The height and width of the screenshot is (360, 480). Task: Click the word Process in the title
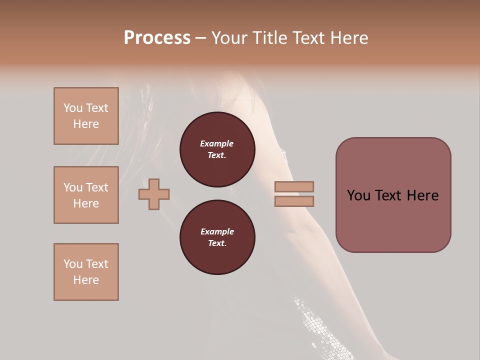point(157,38)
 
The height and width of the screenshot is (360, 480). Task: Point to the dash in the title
point(201,38)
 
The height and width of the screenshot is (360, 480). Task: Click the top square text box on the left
point(86,116)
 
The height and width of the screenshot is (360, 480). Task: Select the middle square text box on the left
point(86,195)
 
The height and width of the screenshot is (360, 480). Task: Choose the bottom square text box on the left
point(86,272)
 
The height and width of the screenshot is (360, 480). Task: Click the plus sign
point(154,194)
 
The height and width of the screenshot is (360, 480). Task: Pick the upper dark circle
point(217,149)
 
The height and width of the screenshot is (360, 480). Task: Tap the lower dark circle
point(217,237)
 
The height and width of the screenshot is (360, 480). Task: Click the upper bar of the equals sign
point(294,186)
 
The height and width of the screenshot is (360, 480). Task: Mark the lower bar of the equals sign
point(294,201)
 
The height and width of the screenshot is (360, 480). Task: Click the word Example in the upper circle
point(217,143)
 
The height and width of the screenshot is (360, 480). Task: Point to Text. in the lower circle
point(217,243)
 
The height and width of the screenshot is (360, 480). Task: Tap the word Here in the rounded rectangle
point(422,195)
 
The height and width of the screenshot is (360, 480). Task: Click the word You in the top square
point(73,108)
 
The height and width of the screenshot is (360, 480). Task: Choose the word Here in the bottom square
point(86,280)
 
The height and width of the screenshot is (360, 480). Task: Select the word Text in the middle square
point(97,187)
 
